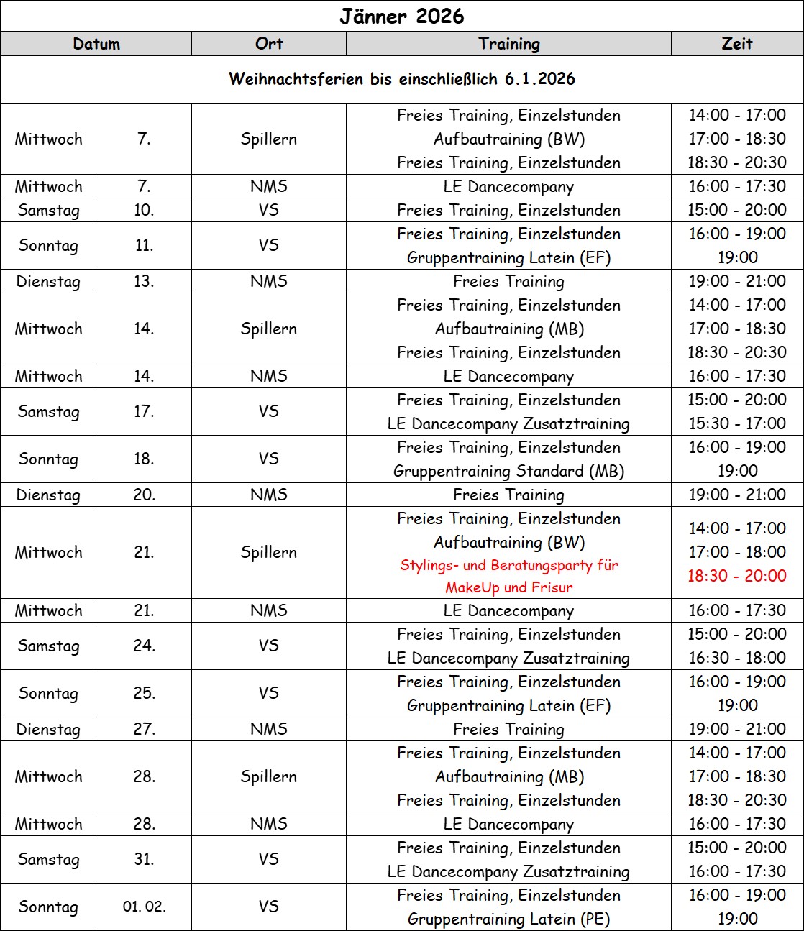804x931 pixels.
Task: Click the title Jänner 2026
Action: click(401, 16)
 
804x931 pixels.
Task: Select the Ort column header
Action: click(269, 44)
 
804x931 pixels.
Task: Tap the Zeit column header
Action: click(737, 44)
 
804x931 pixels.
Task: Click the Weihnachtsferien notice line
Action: click(401, 79)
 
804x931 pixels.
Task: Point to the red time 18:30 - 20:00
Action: click(737, 576)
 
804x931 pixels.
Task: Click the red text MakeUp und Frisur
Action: click(508, 587)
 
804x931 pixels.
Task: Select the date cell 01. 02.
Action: click(144, 907)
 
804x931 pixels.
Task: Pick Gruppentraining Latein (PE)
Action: click(508, 919)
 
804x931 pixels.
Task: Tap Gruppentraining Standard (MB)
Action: click(508, 471)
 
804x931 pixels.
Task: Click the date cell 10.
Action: click(144, 210)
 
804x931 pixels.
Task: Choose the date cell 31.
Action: click(144, 859)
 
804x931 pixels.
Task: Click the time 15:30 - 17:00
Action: click(737, 423)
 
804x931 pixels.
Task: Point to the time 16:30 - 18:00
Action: click(737, 658)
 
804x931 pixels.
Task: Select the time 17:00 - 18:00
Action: click(737, 552)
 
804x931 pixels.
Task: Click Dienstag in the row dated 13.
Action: click(48, 281)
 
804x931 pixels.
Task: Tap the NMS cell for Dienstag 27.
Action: click(269, 729)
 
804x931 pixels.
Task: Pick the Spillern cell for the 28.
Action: click(269, 776)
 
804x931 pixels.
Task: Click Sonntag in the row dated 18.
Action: click(48, 459)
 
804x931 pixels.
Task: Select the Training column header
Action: click(508, 44)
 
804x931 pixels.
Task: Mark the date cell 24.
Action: click(144, 646)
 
